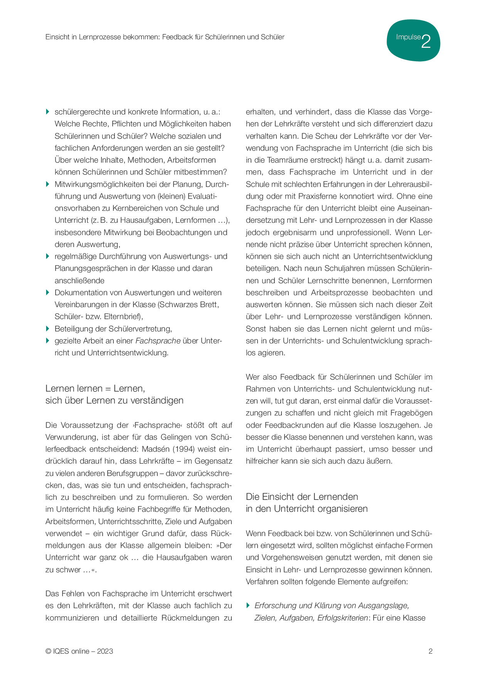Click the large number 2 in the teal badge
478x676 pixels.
point(426,41)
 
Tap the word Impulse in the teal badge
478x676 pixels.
point(408,37)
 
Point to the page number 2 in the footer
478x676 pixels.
point(430,651)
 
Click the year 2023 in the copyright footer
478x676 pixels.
point(105,651)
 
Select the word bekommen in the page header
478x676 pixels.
point(141,37)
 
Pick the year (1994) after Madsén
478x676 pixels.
point(185,449)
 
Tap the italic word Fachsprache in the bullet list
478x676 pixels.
point(158,341)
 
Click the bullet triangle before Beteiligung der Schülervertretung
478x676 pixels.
point(48,329)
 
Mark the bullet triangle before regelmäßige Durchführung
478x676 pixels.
point(48,256)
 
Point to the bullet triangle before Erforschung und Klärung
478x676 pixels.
point(248,605)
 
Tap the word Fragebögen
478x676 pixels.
point(411,413)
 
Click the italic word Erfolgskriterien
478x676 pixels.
point(343,618)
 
